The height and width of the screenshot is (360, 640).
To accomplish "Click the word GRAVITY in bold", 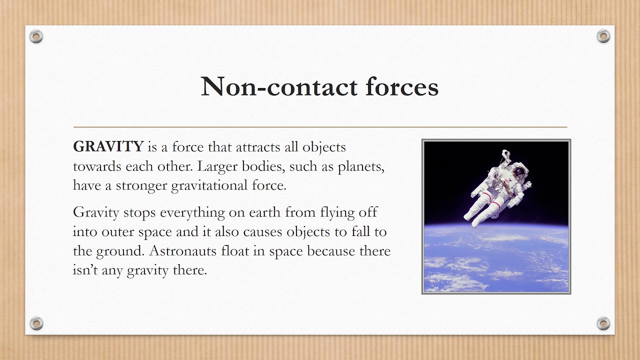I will pos(108,147).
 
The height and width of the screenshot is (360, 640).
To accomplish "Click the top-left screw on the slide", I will pos(36,36).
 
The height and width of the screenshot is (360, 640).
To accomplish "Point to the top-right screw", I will pos(603,36).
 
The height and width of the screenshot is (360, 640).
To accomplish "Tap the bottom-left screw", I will pos(36,323).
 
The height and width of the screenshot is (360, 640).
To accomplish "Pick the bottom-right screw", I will pos(603,323).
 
